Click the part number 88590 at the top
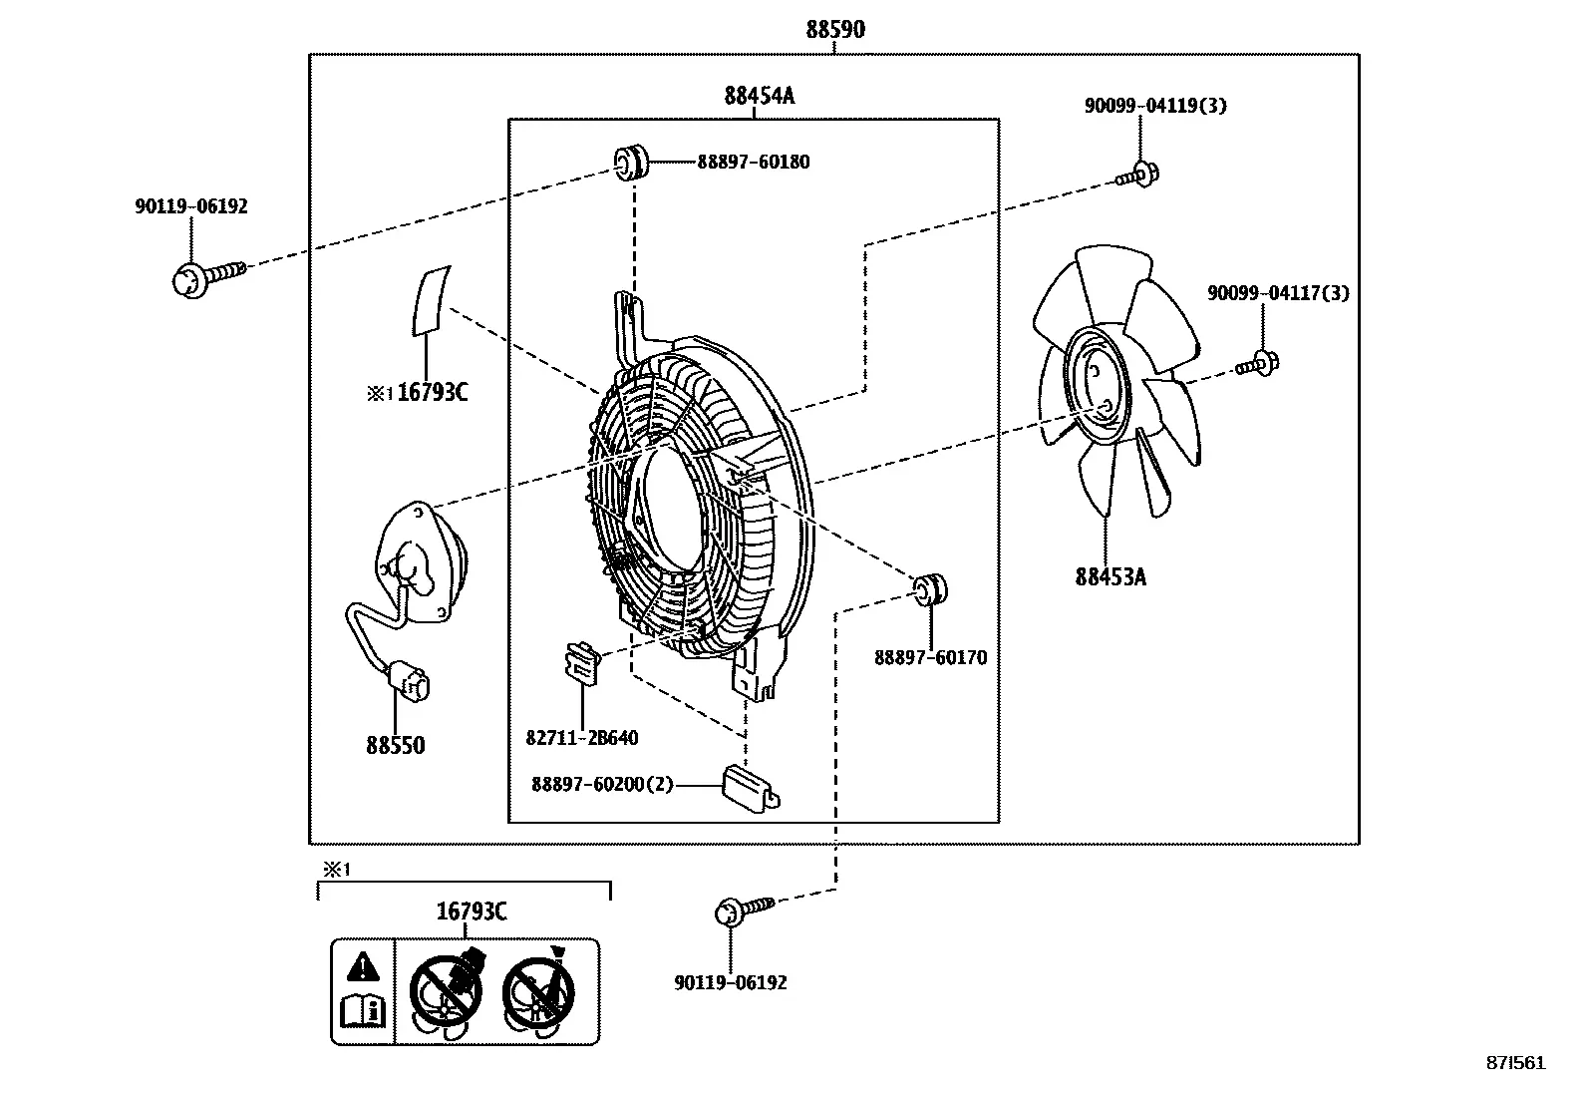[835, 29]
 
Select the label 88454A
[759, 95]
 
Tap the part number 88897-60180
[753, 162]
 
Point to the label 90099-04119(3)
[1155, 105]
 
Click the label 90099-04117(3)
[1278, 292]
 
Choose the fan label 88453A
[1111, 577]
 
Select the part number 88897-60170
[930, 657]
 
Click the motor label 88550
[396, 745]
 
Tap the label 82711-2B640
[581, 737]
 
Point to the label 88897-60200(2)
[602, 784]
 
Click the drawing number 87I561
[1515, 1063]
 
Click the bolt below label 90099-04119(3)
[1137, 176]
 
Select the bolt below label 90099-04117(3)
[1258, 364]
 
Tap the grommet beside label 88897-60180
[631, 163]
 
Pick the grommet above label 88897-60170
[930, 589]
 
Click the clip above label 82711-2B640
[582, 664]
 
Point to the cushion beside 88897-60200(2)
[751, 787]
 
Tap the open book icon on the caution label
[363, 1010]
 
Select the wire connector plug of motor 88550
[409, 681]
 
